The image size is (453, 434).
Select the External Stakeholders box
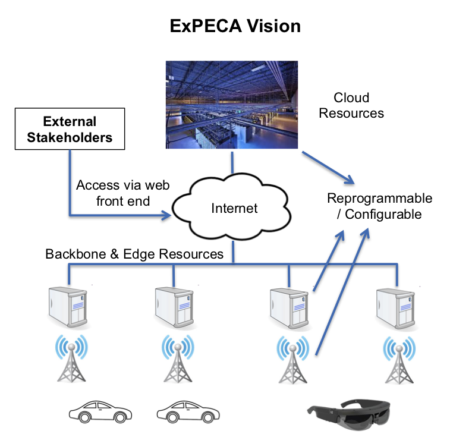[x=70, y=130]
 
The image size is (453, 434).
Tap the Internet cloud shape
[x=234, y=208]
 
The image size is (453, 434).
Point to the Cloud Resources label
[x=351, y=105]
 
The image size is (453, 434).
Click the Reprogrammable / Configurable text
[x=379, y=206]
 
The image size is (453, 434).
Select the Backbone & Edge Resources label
[x=134, y=254]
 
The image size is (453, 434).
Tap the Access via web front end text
[x=122, y=193]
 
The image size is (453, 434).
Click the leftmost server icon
[x=68, y=307]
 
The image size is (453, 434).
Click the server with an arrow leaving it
[x=290, y=307]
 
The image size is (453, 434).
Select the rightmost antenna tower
[x=397, y=359]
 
